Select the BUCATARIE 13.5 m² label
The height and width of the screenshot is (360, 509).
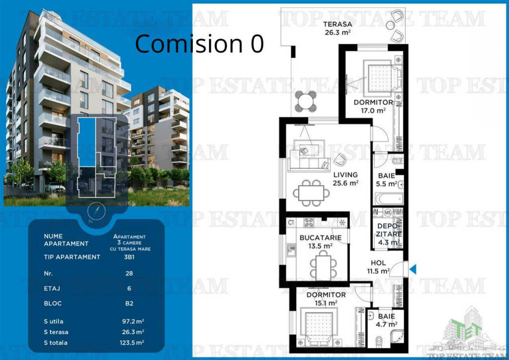pyautogui.click(x=320, y=242)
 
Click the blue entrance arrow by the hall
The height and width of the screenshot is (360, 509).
pyautogui.click(x=413, y=269)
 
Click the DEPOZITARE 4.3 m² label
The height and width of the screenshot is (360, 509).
pyautogui.click(x=387, y=234)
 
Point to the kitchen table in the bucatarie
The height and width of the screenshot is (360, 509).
pyautogui.click(x=323, y=267)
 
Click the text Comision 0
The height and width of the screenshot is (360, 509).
pyautogui.click(x=199, y=44)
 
